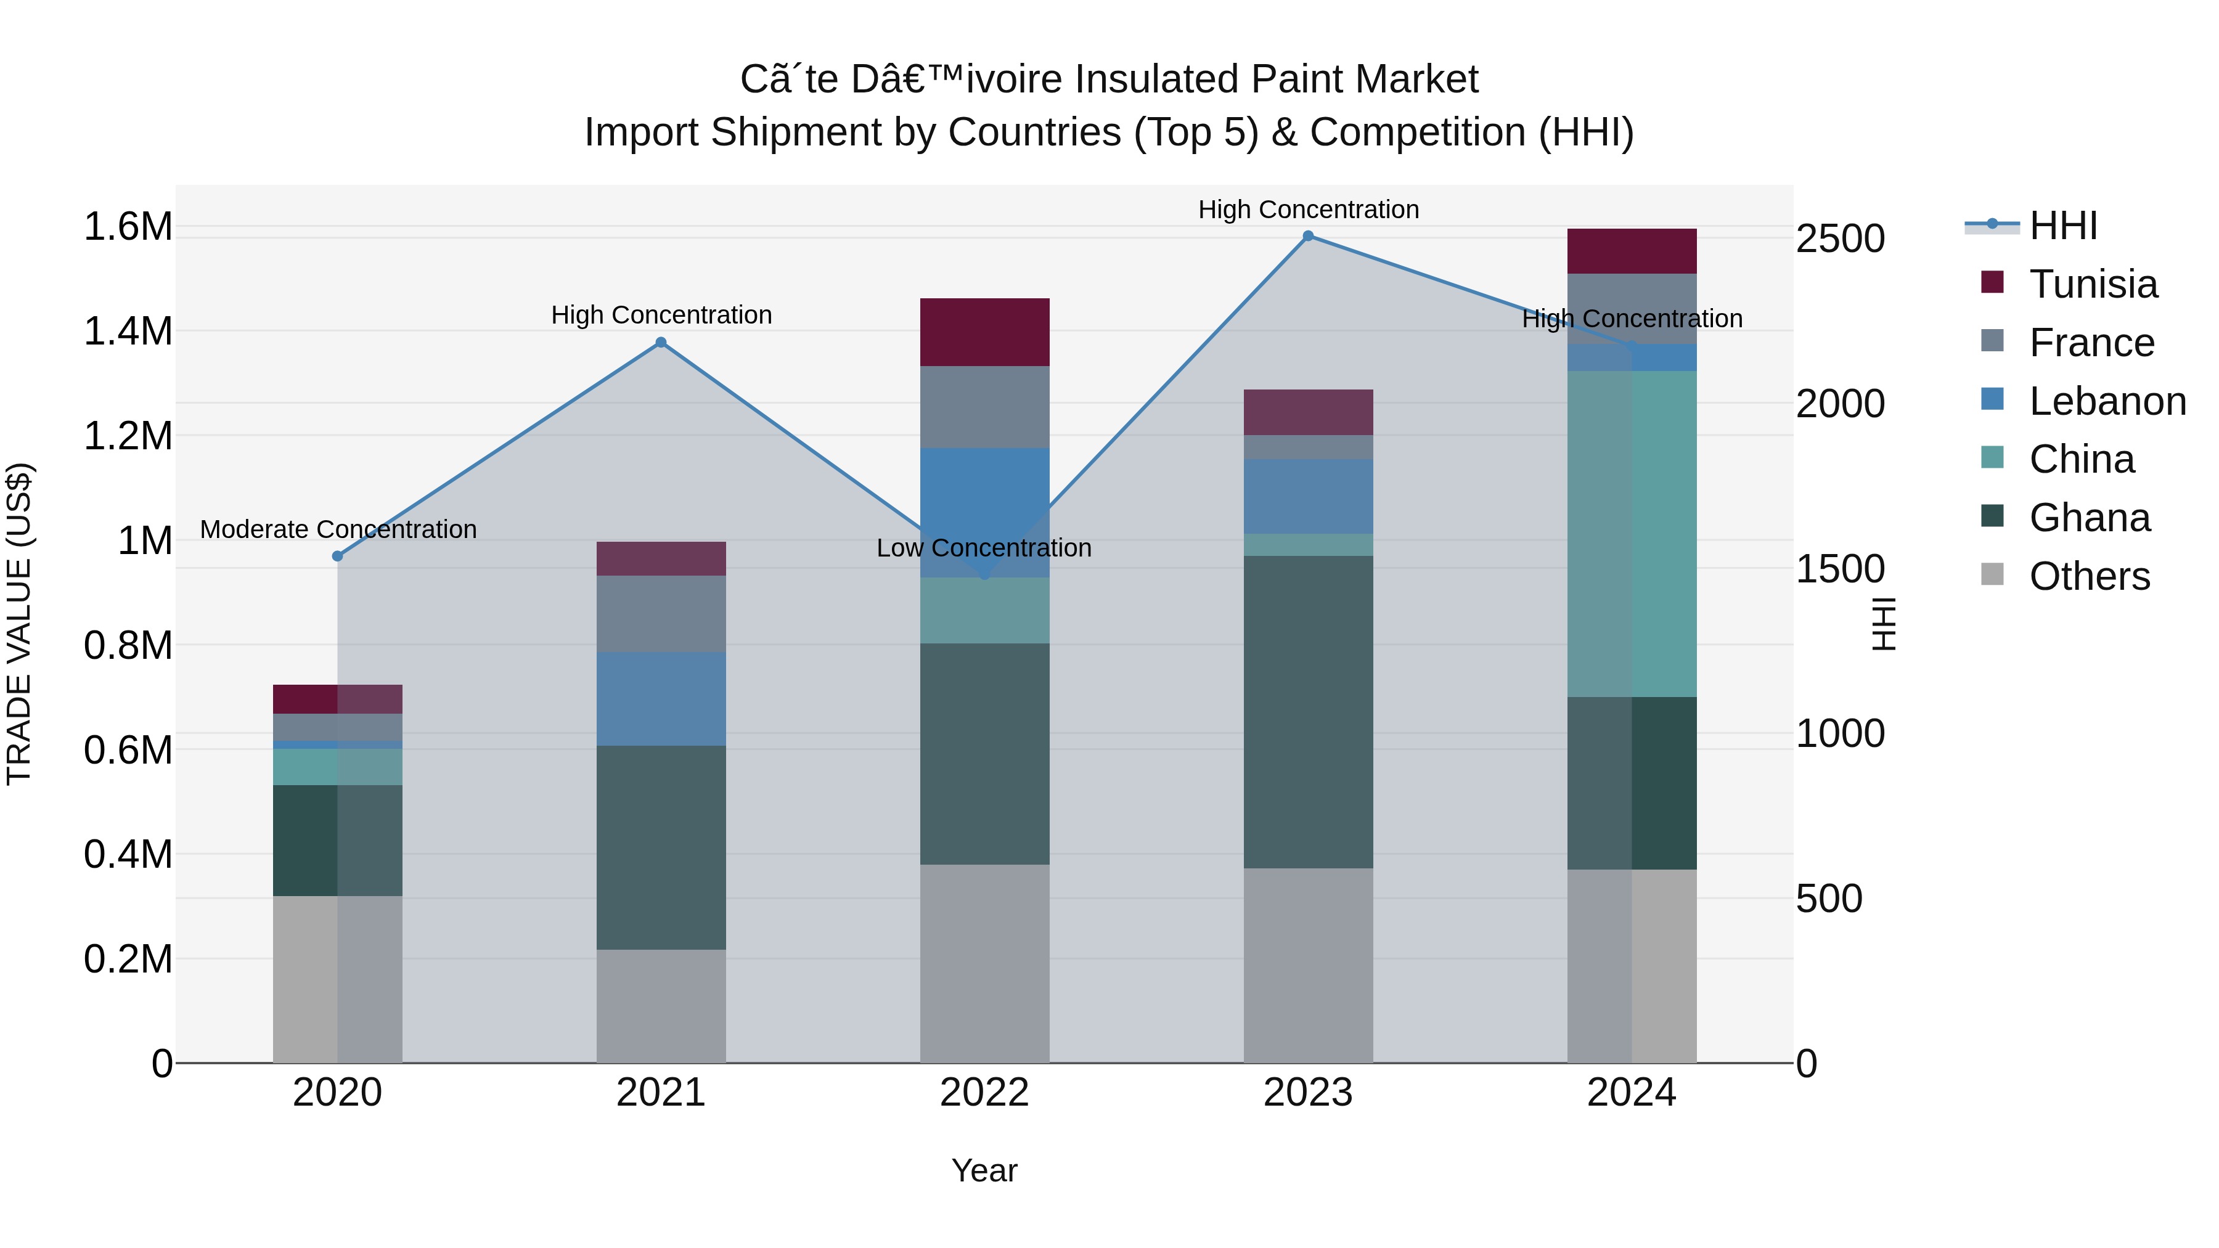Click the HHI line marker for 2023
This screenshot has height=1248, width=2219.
click(x=1307, y=236)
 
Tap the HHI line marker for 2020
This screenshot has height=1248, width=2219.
click(x=338, y=557)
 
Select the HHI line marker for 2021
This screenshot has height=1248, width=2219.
click(x=661, y=342)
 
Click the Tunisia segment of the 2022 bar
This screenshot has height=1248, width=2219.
click(x=984, y=332)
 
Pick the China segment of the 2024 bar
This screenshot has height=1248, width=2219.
click(x=1632, y=534)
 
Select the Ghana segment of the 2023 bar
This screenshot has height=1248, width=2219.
click(x=1307, y=711)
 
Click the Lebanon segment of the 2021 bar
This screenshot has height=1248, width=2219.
click(x=661, y=698)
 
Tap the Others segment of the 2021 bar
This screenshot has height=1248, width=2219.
click(x=661, y=1006)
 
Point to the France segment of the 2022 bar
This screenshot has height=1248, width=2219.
click(x=984, y=407)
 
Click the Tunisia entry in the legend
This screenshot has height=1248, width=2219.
click(x=2093, y=284)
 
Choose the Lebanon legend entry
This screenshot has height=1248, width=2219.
click(x=2107, y=401)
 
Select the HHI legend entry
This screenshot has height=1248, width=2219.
click(x=2062, y=226)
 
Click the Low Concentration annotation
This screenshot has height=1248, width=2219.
click(x=984, y=548)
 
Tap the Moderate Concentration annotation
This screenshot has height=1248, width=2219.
click(x=338, y=529)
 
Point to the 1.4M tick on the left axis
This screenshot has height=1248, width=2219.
click(x=128, y=332)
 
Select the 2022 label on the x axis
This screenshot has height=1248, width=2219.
click(x=984, y=1093)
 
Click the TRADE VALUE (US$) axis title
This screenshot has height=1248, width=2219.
click(x=19, y=624)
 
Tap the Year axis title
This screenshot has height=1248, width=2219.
click(x=984, y=1170)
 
